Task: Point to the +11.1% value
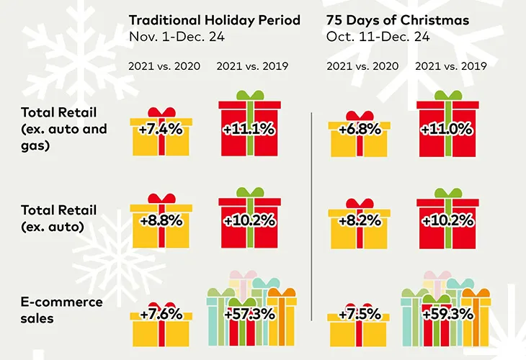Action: (x=249, y=130)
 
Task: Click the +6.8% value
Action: (x=359, y=130)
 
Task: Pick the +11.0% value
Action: (x=448, y=130)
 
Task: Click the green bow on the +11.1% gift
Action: (x=249, y=95)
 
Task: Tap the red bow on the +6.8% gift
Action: (x=359, y=115)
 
